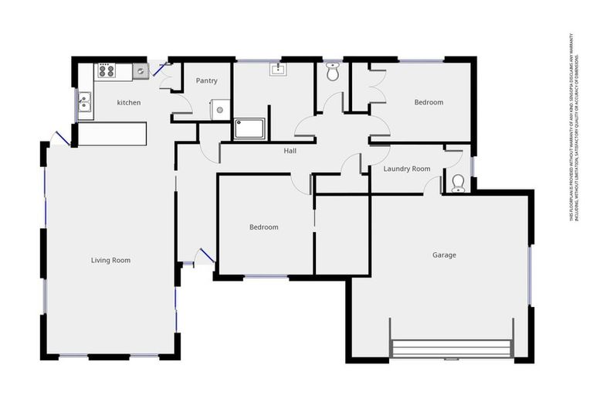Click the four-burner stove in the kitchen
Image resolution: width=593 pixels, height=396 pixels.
point(106,71)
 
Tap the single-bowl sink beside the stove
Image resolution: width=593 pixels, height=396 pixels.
point(140,72)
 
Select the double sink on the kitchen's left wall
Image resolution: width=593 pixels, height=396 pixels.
point(84,102)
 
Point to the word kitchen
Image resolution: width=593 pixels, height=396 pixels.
point(128,103)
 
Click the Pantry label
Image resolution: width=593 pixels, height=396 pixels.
point(206,80)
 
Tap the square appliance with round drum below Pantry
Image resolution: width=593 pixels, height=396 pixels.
point(220,110)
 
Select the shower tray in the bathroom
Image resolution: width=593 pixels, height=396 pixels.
point(249,128)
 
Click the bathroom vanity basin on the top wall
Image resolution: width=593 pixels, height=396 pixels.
point(278,70)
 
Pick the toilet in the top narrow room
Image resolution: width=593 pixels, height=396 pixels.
point(333,73)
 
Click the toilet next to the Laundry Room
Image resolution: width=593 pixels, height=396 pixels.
point(457,183)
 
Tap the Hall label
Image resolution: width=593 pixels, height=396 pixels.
point(290,151)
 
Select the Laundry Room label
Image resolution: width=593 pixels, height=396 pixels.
point(406,169)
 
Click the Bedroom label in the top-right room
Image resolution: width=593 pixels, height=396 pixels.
point(429,102)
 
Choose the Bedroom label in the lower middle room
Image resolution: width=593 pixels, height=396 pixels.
point(263,227)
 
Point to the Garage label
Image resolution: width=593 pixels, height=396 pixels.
point(444,255)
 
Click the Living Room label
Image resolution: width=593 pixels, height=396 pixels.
point(110,261)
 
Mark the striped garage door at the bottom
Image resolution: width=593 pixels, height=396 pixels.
point(452,349)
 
